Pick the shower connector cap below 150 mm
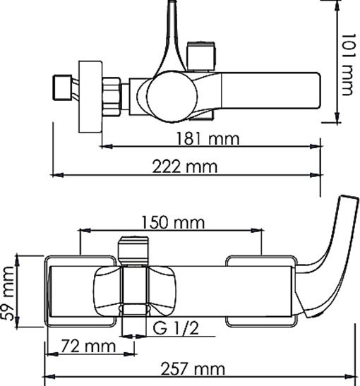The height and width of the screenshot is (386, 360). tap(134, 249)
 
